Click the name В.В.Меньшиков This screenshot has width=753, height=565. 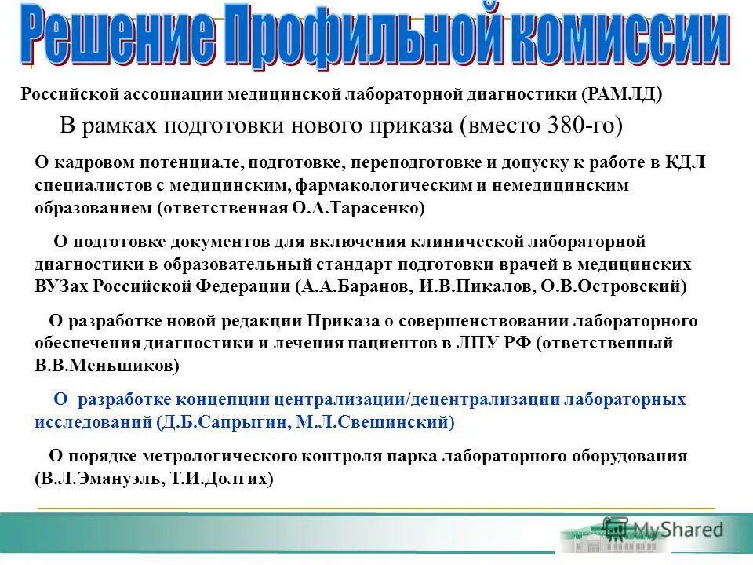105,365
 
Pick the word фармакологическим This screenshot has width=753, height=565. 373,185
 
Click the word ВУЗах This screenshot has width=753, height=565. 62,286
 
